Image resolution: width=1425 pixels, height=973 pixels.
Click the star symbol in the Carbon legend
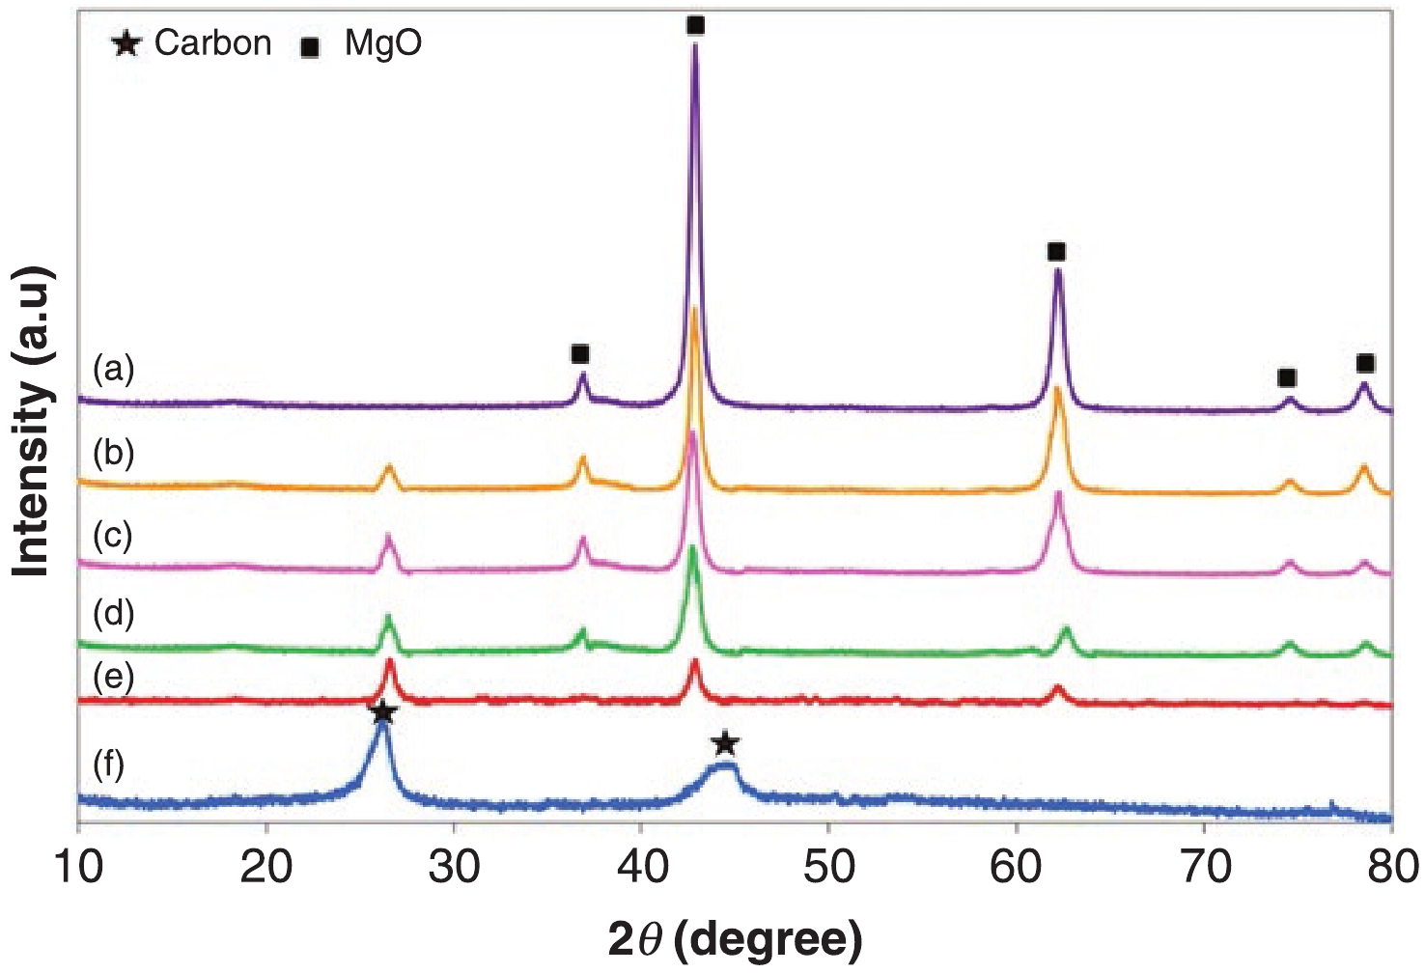[126, 43]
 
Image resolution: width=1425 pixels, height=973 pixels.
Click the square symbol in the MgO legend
[310, 46]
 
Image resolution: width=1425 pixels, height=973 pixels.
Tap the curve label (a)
[114, 368]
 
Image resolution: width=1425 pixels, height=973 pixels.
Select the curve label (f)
[109, 764]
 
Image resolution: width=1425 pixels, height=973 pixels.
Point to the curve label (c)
[113, 535]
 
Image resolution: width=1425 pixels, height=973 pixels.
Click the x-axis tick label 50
[828, 867]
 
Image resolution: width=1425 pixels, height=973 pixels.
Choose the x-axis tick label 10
[78, 867]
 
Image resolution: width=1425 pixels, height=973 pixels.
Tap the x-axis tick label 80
[1391, 867]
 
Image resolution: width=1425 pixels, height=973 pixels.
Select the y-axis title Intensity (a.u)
[33, 422]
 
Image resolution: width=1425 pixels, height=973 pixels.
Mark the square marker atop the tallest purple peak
[695, 26]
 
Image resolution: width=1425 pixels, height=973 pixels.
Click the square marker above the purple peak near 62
[1056, 252]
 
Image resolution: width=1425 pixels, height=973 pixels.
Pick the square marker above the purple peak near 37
[579, 354]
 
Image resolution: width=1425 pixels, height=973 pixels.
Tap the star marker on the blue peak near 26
[382, 712]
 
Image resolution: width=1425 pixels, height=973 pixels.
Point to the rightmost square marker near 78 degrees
[1364, 363]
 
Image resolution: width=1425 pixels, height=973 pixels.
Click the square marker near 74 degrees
[1286, 377]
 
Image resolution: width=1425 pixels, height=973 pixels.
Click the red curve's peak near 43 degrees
[694, 663]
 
